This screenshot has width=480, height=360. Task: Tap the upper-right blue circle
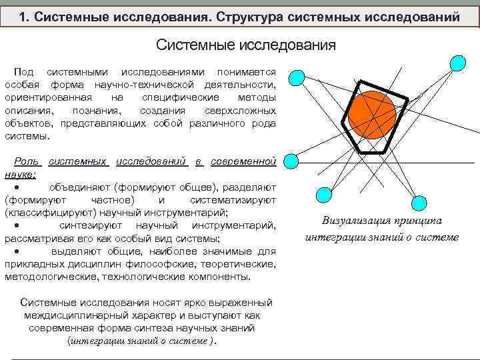click(457, 63)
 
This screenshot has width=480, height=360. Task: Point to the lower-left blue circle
click(323, 195)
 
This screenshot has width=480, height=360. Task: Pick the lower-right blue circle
click(419, 203)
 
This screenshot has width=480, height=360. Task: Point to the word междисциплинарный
click(79, 315)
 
